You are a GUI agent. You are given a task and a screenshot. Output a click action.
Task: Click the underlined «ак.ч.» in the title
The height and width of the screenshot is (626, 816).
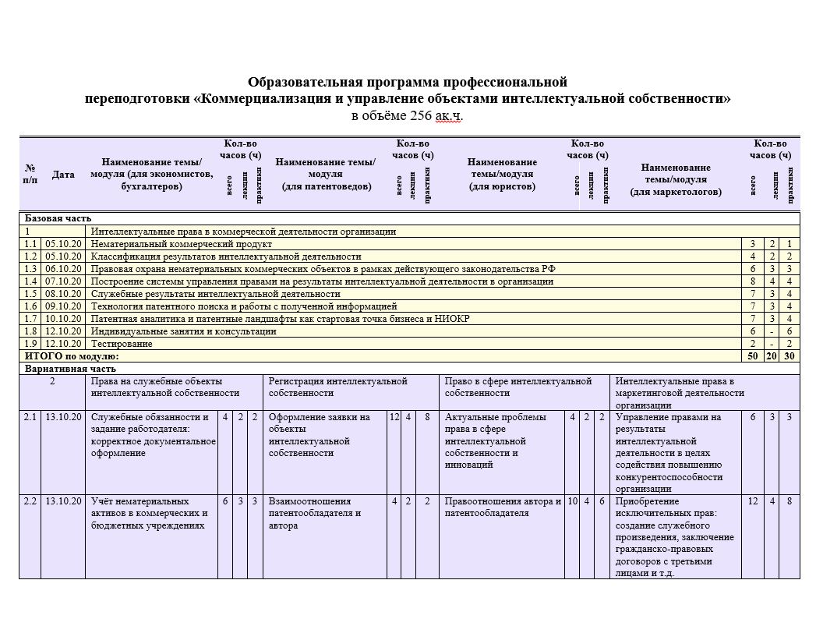click(x=448, y=116)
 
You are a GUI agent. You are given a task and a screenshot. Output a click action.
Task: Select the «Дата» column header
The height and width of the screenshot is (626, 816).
click(x=63, y=175)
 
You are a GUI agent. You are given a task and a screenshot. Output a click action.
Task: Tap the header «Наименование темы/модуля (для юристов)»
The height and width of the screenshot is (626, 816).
click(x=502, y=175)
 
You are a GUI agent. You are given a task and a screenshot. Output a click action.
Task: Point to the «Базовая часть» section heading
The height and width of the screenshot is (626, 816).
click(x=58, y=219)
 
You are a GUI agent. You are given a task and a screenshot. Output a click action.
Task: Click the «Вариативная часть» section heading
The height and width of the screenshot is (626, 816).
click(x=70, y=369)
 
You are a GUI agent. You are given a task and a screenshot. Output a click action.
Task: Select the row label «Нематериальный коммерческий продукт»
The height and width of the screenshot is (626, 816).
click(x=182, y=244)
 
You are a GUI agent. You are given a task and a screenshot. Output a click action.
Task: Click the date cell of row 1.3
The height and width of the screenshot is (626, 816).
click(x=63, y=269)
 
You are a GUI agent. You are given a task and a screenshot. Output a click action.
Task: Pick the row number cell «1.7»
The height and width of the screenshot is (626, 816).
click(x=30, y=319)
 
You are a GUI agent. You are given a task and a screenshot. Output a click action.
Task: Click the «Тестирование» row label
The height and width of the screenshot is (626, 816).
click(x=122, y=344)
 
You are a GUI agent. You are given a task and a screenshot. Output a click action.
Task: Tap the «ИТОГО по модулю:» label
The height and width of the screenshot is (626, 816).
click(x=72, y=356)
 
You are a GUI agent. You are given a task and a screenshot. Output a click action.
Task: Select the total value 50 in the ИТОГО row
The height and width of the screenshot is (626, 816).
click(x=753, y=356)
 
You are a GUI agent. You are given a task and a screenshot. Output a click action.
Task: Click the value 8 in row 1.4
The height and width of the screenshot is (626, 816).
click(x=753, y=281)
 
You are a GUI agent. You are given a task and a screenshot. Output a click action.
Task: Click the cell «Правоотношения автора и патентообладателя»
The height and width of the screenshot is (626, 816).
click(x=503, y=508)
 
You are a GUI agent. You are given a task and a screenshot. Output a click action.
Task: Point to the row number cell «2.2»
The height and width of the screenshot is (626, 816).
click(x=30, y=501)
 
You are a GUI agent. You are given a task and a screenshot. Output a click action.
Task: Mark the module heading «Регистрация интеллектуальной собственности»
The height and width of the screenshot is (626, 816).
click(x=337, y=387)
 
